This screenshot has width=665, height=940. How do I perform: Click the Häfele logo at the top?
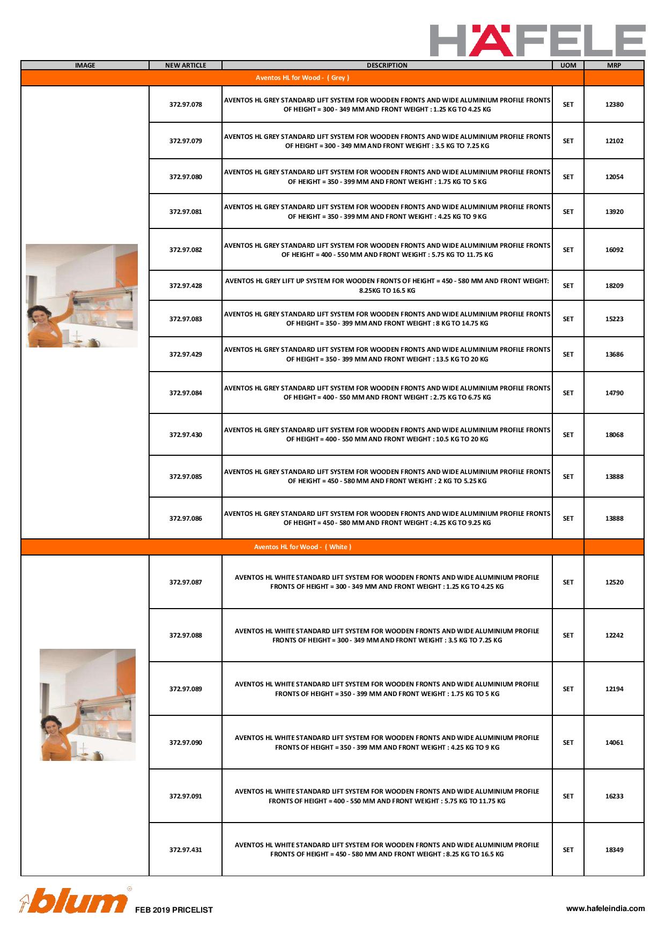(537, 40)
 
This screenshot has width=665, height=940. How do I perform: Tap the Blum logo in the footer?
(74, 901)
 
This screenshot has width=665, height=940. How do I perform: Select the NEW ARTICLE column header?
(186, 65)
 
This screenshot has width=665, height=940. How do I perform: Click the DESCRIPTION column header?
(387, 65)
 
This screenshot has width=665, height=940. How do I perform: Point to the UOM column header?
(568, 65)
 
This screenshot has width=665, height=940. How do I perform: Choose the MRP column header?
(614, 65)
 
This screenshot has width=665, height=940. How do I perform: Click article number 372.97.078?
(186, 105)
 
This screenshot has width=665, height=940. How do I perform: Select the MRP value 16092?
(614, 250)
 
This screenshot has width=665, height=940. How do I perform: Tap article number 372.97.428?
(186, 286)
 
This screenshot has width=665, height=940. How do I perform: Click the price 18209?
(614, 286)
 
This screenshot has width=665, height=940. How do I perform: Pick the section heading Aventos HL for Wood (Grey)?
(302, 78)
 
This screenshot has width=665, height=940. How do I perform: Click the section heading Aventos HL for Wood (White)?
(302, 547)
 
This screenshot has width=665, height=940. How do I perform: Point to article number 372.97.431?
(186, 850)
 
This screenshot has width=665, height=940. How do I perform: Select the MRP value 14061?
(614, 743)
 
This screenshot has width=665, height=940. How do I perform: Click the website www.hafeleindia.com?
(605, 908)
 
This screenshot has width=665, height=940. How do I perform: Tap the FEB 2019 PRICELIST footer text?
(174, 910)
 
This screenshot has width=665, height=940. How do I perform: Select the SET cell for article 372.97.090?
(568, 743)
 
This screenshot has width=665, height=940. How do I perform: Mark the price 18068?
(614, 435)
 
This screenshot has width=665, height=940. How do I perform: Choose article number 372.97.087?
(186, 582)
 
